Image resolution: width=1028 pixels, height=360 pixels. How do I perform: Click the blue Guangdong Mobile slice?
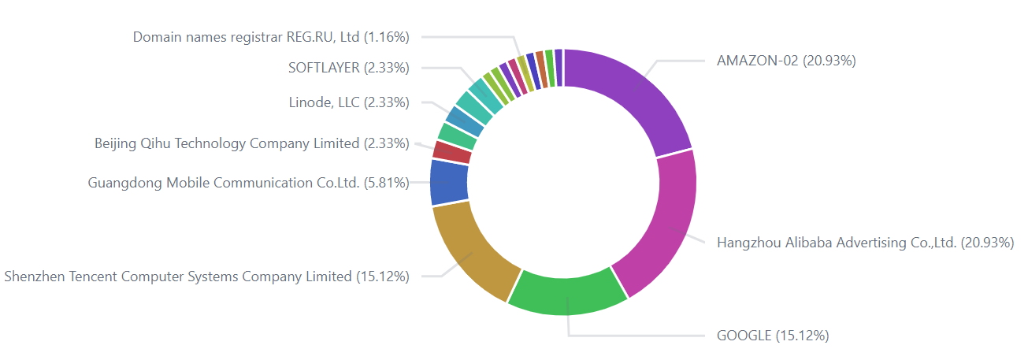[x=449, y=181]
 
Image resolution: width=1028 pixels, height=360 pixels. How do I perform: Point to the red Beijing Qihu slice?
[x=451, y=151]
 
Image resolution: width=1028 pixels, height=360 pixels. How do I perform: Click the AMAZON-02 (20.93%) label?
[x=785, y=61]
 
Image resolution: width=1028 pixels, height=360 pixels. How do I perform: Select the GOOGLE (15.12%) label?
[x=772, y=336]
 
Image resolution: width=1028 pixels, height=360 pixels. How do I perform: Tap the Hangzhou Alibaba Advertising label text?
[x=864, y=243]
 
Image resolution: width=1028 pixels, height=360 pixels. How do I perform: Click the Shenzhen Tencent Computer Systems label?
[x=206, y=276]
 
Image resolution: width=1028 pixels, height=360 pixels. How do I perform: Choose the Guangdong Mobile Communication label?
[x=248, y=184]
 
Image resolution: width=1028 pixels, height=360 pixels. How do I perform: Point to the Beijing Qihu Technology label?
[x=251, y=143]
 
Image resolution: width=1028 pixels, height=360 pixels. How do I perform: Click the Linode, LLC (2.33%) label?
[x=349, y=102]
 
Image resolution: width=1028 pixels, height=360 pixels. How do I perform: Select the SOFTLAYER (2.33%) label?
[x=348, y=68]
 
